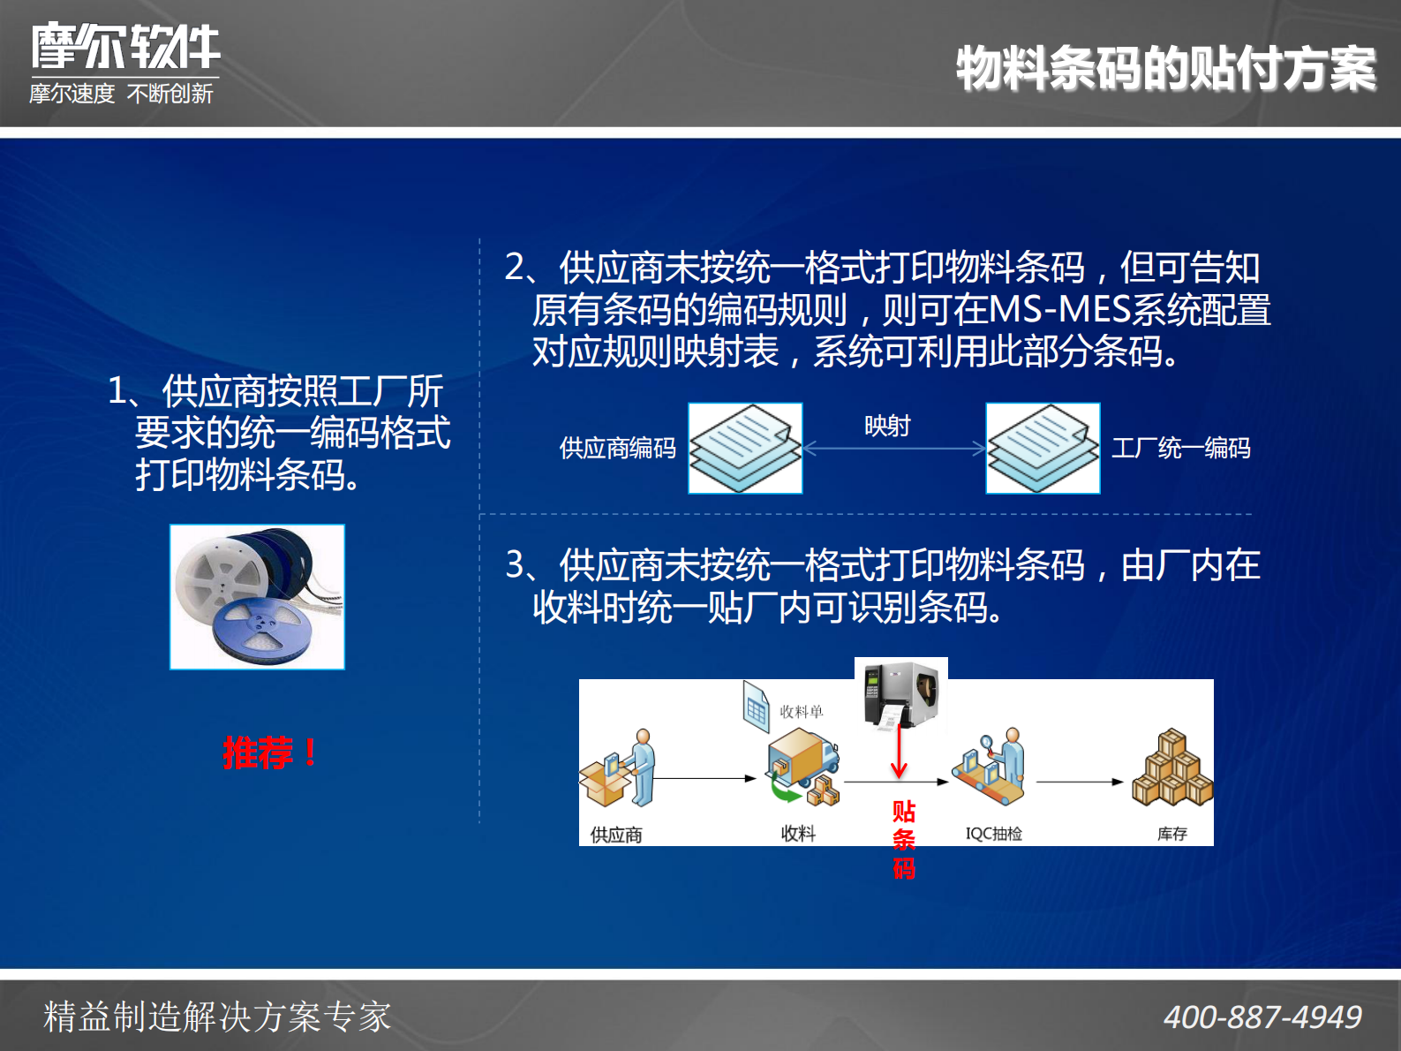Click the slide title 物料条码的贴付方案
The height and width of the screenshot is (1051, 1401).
point(1165,69)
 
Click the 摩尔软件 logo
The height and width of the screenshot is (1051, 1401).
point(125,47)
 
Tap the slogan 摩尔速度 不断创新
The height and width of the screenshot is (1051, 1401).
point(121,94)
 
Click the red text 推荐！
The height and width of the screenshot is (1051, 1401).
point(270,753)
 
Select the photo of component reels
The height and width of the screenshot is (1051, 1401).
point(257,597)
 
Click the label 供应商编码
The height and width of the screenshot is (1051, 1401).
point(617,449)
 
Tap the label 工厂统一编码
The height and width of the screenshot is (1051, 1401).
point(1180,448)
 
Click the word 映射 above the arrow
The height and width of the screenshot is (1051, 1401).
point(887,426)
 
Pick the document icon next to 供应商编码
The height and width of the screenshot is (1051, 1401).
point(745,448)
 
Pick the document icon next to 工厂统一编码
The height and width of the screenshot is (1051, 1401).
point(1043,448)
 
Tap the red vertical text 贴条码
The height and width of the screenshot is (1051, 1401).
point(903,839)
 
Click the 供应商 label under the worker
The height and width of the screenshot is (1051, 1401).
point(616,835)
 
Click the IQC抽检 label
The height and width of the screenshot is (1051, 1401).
point(993,834)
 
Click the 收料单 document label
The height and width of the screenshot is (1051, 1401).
point(801,712)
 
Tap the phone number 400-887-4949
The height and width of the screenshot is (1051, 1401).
point(1262,1017)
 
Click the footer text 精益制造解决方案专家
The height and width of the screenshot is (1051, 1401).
point(217,1017)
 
